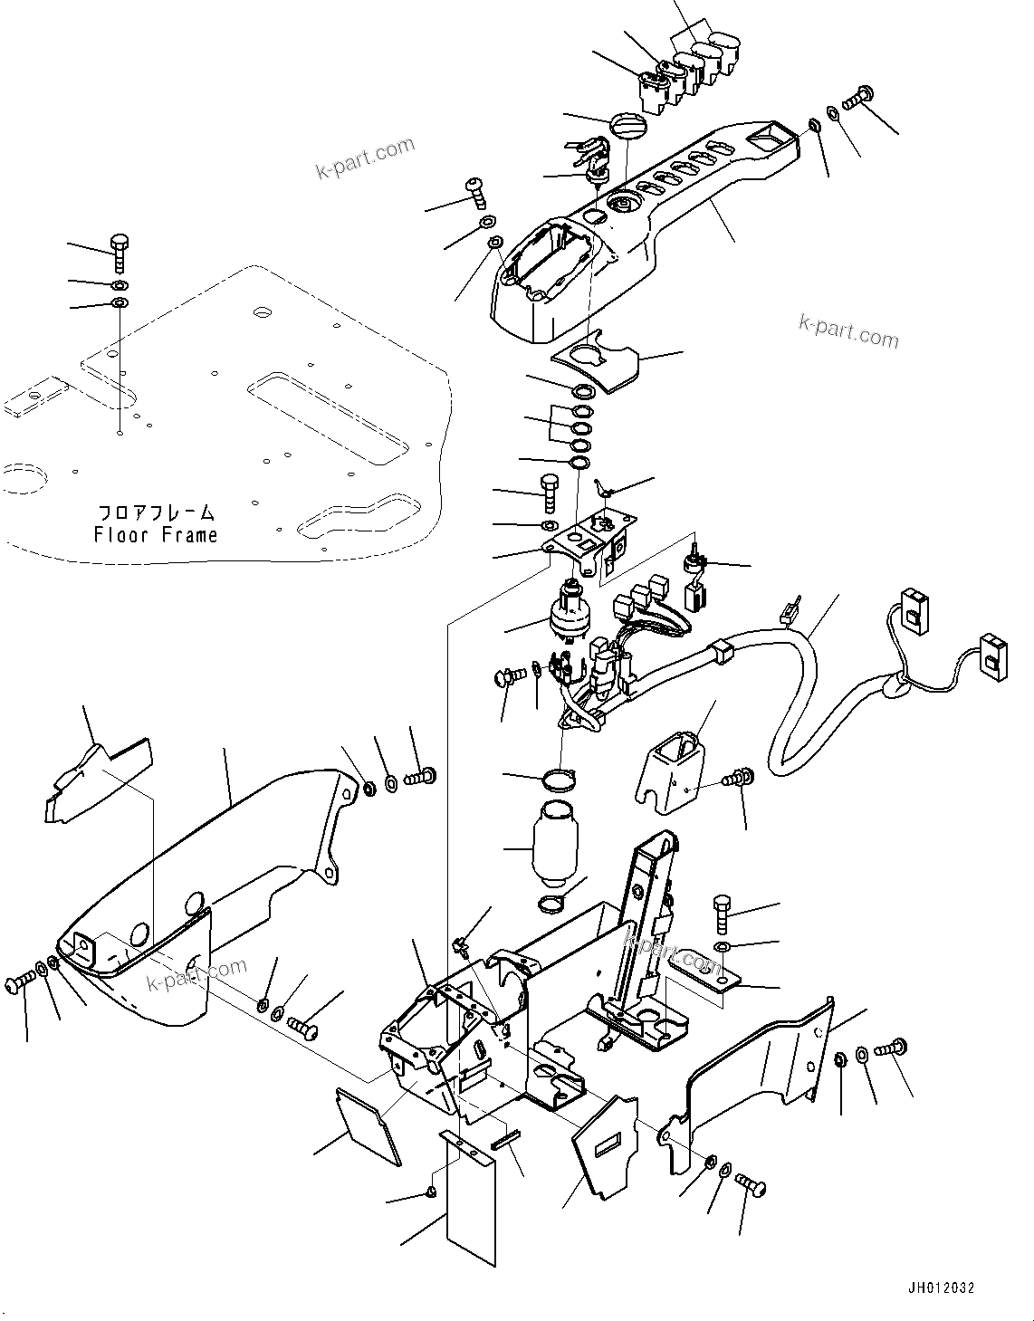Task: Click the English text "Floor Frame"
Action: (x=156, y=535)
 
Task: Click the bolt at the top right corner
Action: (x=858, y=93)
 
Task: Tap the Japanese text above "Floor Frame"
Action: (x=156, y=512)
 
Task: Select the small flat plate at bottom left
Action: (x=369, y=1123)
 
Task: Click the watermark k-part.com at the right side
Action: (x=848, y=331)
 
